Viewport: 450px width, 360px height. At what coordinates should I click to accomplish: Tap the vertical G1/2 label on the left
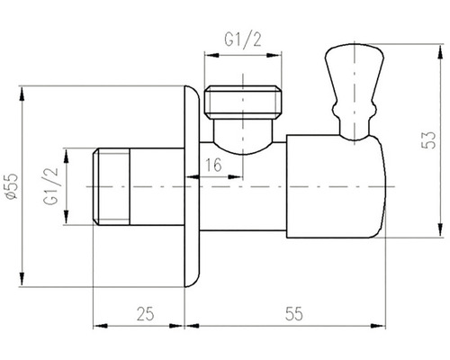point(50,184)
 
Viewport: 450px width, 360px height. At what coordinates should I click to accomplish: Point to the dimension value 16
point(212,165)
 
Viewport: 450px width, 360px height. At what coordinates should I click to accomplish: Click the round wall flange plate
point(189,184)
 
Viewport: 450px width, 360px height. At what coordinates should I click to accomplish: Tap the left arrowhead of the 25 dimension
point(98,328)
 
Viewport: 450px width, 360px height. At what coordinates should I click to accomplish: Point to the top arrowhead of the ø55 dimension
point(23,90)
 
